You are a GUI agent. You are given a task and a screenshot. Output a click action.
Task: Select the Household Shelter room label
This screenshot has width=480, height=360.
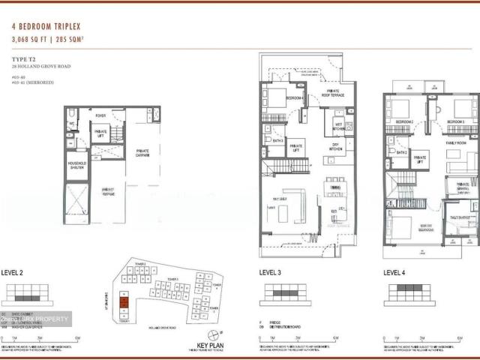click(76, 165)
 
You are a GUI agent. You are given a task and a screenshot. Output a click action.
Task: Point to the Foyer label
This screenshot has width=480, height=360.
click(100, 115)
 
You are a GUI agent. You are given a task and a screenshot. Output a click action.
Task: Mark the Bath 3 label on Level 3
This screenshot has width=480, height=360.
click(277, 140)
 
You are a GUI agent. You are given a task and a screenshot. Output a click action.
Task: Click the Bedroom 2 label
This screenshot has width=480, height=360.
click(406, 121)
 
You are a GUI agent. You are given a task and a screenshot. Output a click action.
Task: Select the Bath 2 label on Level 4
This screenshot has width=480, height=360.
click(401, 152)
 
